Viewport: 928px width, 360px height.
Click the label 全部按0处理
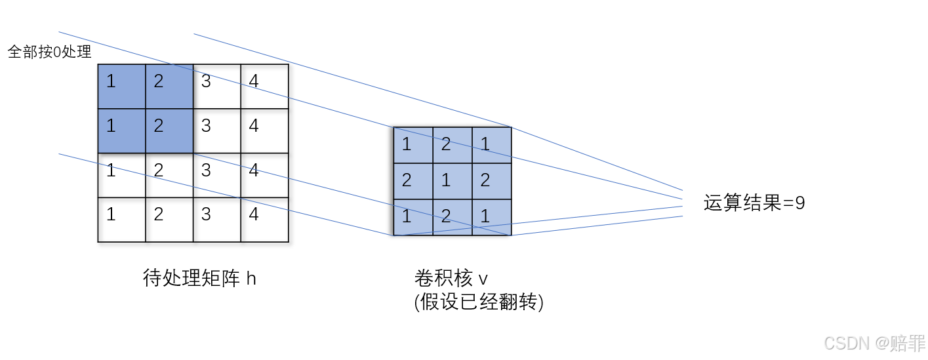click(x=49, y=52)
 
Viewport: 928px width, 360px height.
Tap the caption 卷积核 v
click(x=451, y=279)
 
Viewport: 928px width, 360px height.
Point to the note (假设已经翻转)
click(x=479, y=302)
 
